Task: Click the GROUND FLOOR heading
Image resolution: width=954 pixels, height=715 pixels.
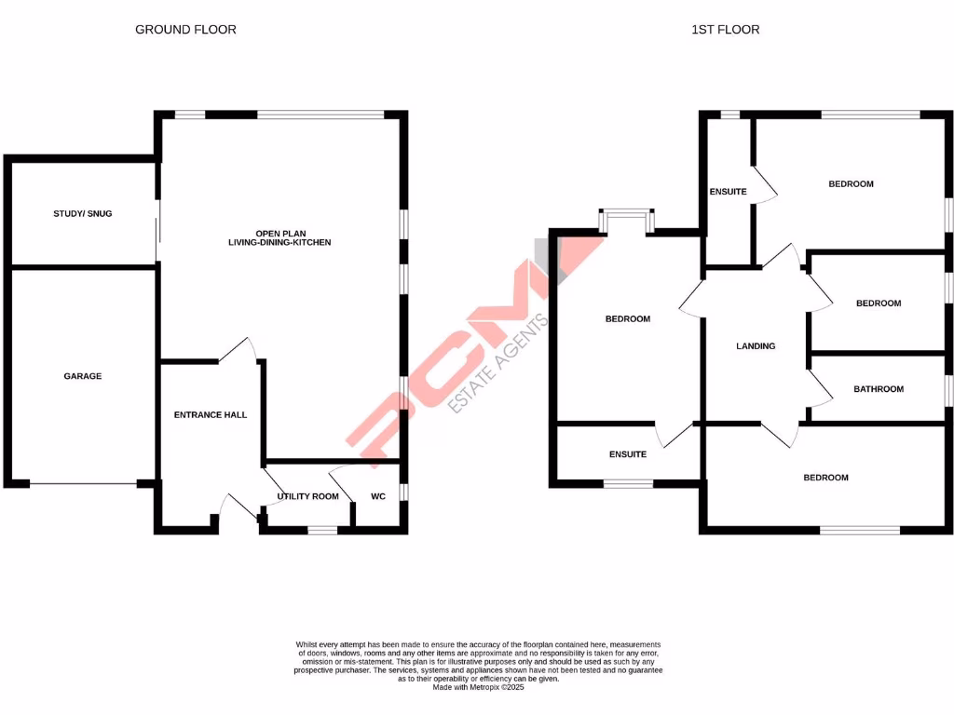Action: pos(185,30)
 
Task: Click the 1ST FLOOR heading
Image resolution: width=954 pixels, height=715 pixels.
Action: pos(725,30)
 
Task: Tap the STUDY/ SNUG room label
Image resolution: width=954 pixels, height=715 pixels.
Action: pos(82,214)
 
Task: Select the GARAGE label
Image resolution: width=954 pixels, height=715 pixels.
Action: pos(82,376)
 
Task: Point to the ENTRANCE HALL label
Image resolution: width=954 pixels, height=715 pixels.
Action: pos(211,414)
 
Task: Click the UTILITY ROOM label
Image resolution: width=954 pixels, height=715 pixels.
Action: pos(307,496)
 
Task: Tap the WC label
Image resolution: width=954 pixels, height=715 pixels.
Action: pos(378,496)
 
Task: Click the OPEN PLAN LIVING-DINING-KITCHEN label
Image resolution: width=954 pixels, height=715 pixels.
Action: pos(279,237)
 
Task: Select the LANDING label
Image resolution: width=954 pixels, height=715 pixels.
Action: pos(756,346)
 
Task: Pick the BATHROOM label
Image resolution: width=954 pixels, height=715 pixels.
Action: pos(879,389)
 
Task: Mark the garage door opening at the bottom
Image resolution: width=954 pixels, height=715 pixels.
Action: pos(84,484)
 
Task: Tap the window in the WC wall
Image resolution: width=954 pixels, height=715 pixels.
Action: pos(403,492)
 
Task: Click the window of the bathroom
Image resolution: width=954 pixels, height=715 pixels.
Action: pos(948,390)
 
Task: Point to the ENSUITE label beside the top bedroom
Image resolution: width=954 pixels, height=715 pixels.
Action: pos(728,192)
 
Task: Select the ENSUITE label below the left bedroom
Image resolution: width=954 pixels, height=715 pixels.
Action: pos(628,454)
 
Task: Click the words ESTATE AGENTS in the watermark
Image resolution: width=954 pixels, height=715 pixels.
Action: pos(499,364)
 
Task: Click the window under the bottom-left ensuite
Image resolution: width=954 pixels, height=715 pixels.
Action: pos(628,483)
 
